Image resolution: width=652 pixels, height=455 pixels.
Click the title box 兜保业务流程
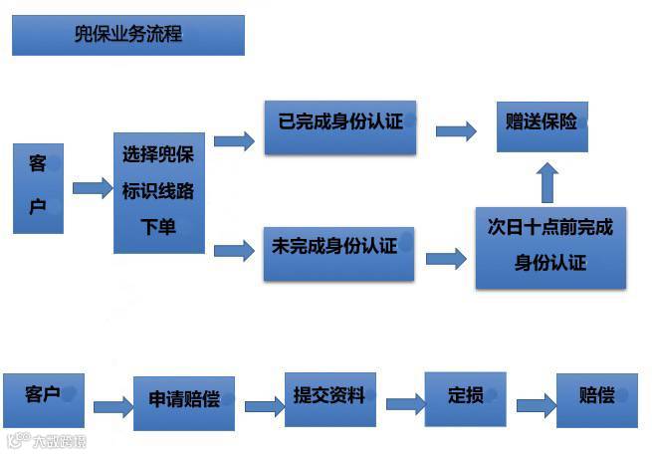127,36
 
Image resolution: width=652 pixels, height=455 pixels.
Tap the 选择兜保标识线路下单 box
158,192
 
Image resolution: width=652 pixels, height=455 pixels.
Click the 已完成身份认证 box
339,126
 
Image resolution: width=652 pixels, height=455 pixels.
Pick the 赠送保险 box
542,125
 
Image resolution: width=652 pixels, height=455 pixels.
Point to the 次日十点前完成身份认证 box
550,247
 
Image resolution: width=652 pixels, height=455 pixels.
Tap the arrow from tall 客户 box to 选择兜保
92,188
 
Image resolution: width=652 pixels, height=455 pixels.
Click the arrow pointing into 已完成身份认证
234,140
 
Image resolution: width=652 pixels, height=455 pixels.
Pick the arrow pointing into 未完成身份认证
234,250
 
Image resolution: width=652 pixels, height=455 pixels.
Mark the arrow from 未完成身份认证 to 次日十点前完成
446,259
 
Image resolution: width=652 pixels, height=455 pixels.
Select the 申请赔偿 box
183,401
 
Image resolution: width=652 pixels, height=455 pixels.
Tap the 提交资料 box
328,397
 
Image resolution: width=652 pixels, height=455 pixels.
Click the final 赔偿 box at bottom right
595,398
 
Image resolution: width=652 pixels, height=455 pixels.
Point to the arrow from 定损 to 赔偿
536,405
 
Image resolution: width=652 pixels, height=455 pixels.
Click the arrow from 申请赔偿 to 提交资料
264,406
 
